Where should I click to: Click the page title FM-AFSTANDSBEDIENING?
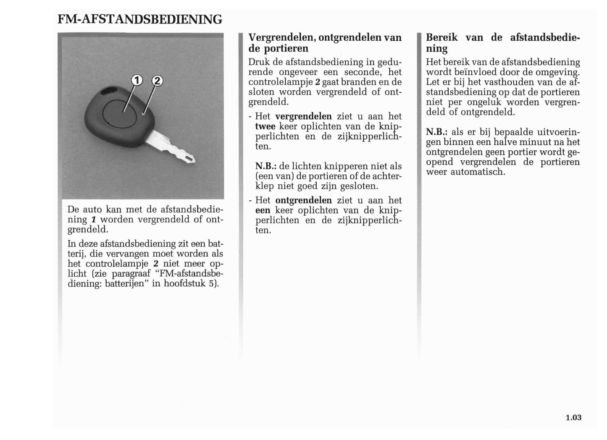[x=140, y=19]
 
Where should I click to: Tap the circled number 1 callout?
[x=137, y=80]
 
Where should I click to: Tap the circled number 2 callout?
[x=156, y=81]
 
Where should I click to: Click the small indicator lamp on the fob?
[x=143, y=113]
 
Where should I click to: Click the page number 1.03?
[x=573, y=417]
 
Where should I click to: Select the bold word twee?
[x=265, y=126]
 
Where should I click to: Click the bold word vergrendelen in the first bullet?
[x=303, y=116]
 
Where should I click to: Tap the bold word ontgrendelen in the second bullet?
[x=303, y=200]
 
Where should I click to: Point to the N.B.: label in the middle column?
[x=265, y=166]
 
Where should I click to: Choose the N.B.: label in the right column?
[x=436, y=132]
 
